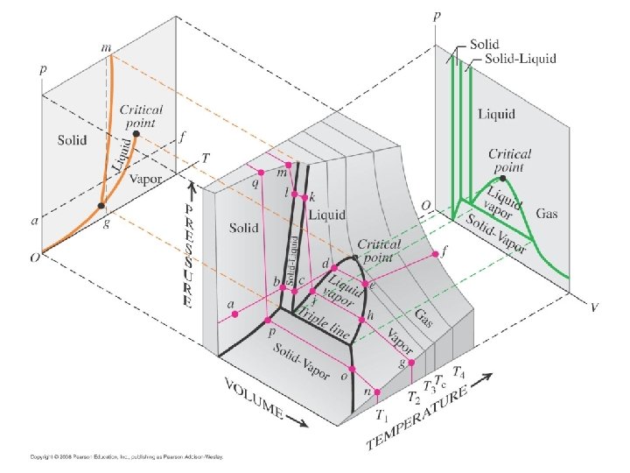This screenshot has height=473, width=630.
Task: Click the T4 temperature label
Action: (x=458, y=373)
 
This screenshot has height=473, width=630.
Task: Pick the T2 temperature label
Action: (x=414, y=396)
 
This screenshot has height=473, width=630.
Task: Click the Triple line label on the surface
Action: (x=323, y=321)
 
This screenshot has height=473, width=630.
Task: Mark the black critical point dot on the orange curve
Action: (x=136, y=133)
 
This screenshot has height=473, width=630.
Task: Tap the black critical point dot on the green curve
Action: (x=501, y=177)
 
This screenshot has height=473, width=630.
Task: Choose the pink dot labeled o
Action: (x=353, y=369)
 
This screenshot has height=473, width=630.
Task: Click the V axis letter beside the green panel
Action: (x=594, y=307)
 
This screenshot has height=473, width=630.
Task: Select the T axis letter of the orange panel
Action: (x=206, y=159)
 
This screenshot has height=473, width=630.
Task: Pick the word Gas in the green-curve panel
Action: (x=547, y=213)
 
